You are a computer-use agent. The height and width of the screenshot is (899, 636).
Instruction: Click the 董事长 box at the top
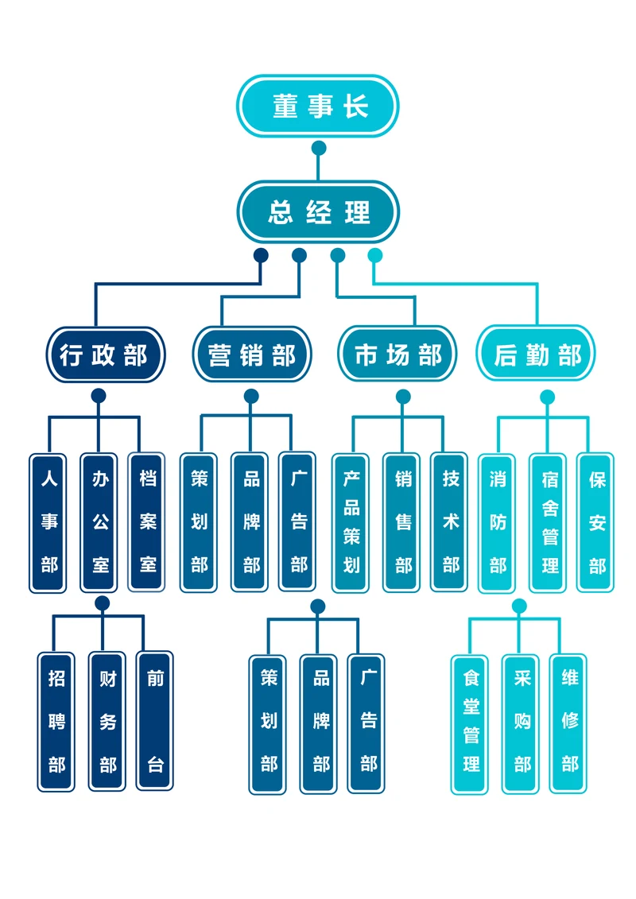(318, 106)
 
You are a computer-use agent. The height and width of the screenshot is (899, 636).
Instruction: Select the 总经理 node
(318, 212)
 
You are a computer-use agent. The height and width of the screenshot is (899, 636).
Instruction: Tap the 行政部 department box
(104, 355)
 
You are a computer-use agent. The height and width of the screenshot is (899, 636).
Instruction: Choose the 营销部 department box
(251, 355)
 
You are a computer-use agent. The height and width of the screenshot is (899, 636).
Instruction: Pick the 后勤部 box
(536, 355)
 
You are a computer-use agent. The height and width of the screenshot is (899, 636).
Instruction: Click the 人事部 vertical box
(49, 522)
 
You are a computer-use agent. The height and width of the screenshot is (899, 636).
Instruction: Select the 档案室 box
(148, 521)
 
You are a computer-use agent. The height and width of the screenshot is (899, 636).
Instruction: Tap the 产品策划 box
(351, 522)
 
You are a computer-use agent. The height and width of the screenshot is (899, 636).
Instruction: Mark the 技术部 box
(451, 522)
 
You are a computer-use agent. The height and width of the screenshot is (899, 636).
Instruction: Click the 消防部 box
(498, 522)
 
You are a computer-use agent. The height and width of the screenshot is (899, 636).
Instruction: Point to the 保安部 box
(597, 522)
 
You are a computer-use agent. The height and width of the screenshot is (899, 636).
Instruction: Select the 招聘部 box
(56, 721)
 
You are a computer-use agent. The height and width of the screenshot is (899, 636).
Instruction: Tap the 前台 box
(155, 721)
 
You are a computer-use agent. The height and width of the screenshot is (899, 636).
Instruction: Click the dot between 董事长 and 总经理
(319, 148)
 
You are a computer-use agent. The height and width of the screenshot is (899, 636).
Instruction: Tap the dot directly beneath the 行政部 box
(99, 396)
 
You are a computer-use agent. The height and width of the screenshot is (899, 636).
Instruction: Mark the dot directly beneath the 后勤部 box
(547, 396)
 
